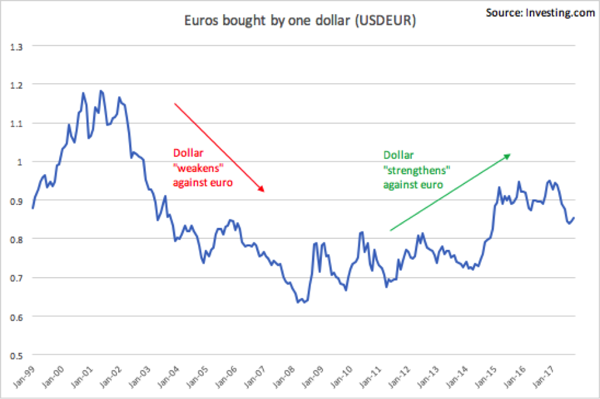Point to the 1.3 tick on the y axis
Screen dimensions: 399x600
tap(17, 46)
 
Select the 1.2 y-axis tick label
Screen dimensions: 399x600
tap(17, 84)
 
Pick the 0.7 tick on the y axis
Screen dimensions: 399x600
tap(17, 278)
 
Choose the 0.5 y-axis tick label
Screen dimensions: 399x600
tap(17, 356)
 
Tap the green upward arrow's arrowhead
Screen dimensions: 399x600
tap(508, 155)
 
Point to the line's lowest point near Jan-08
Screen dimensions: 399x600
tap(298, 302)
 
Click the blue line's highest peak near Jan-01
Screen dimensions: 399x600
tap(100, 91)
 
